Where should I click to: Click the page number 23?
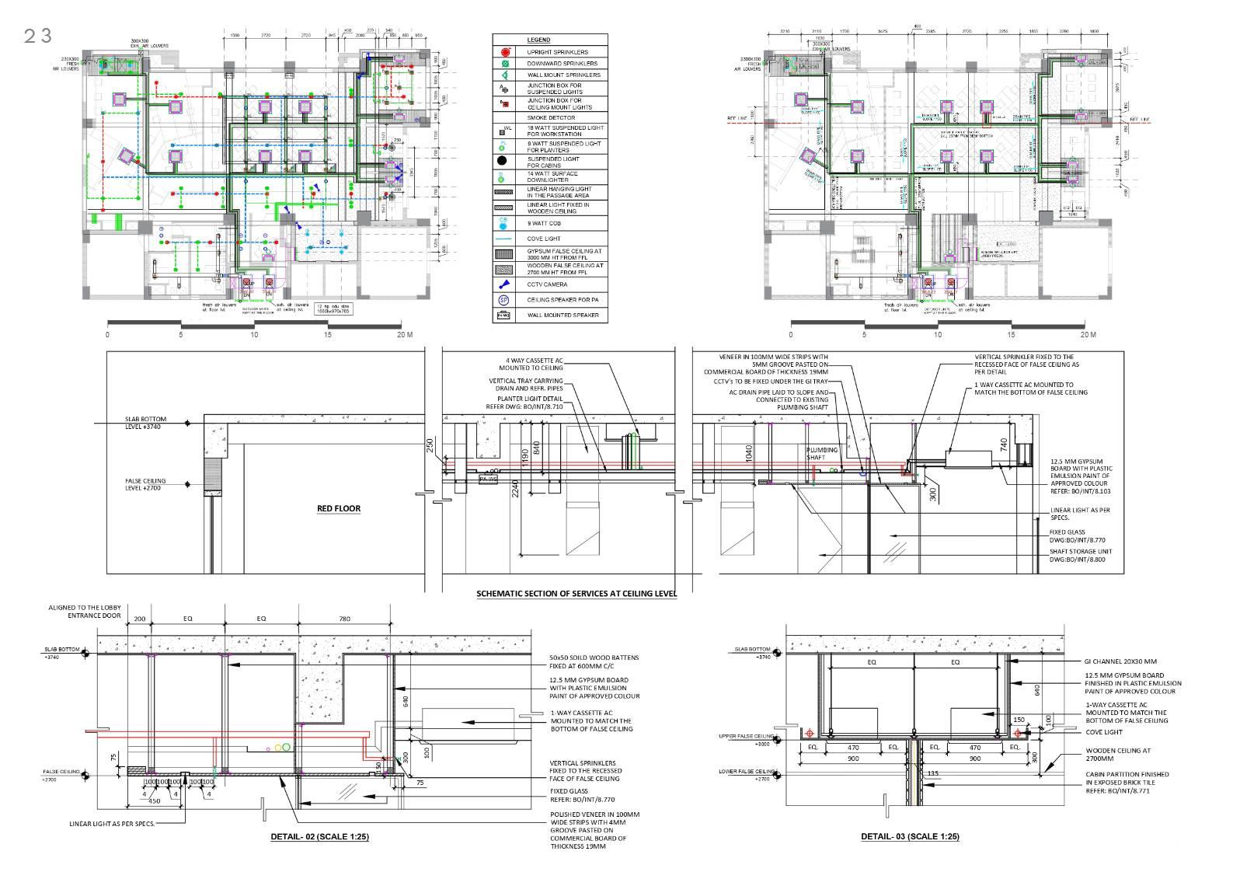(x=37, y=36)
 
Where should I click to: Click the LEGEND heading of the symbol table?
(x=538, y=40)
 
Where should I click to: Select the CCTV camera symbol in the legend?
(x=503, y=284)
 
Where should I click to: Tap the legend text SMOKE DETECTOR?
(x=552, y=118)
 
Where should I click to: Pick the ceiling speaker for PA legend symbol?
(x=503, y=300)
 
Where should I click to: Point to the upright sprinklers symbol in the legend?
(x=503, y=52)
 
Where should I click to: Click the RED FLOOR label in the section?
(x=339, y=509)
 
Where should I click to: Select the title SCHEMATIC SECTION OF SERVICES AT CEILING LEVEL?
(x=576, y=594)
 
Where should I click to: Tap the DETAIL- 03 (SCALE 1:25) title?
(x=910, y=837)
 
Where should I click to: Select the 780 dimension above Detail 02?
(x=344, y=619)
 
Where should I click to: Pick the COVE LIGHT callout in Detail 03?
(x=1103, y=732)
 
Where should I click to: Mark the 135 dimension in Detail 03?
(x=934, y=773)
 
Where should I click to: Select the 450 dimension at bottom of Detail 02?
(x=154, y=801)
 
